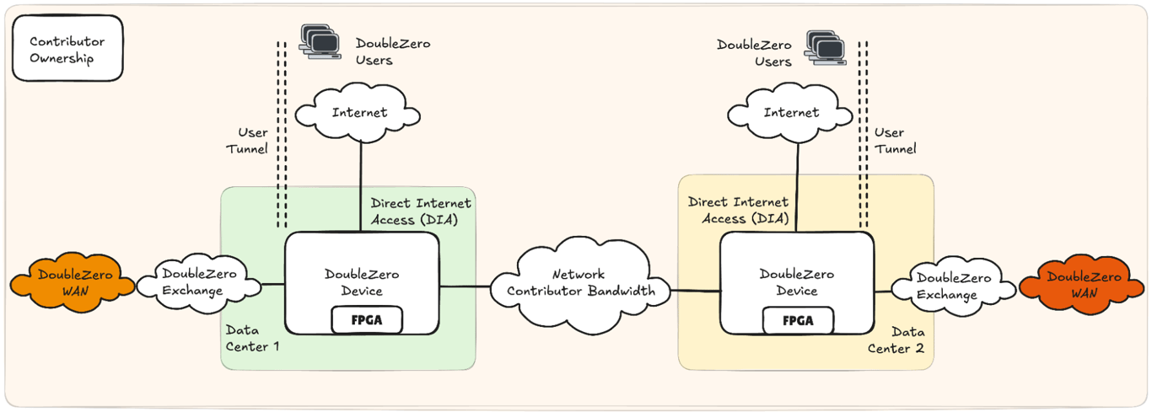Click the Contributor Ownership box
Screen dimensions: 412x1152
click(x=67, y=50)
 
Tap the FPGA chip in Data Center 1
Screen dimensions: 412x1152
click(x=366, y=320)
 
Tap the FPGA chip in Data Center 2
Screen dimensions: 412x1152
click(x=798, y=320)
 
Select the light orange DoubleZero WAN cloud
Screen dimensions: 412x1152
click(x=74, y=284)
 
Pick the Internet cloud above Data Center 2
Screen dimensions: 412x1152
click(x=791, y=112)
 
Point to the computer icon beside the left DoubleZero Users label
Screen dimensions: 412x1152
click(x=320, y=41)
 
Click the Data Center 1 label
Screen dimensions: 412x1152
click(x=252, y=338)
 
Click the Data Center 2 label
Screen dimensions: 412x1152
click(x=902, y=340)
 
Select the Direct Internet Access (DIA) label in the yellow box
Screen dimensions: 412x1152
click(x=738, y=211)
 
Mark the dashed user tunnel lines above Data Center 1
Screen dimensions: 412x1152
click(x=282, y=135)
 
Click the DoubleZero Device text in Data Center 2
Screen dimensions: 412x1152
click(x=797, y=282)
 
